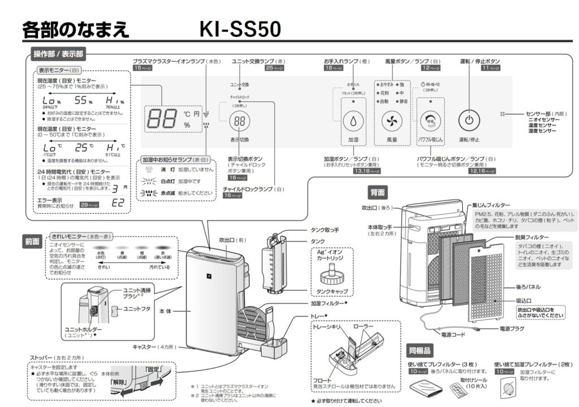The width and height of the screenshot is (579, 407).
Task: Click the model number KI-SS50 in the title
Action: click(240, 30)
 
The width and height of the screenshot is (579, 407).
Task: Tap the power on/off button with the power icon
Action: click(468, 119)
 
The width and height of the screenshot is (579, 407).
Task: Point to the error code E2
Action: click(117, 203)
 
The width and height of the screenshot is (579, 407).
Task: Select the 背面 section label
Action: click(378, 192)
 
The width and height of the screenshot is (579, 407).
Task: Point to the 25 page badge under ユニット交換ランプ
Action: click(274, 68)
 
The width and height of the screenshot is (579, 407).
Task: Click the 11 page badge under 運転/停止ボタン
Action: click(491, 68)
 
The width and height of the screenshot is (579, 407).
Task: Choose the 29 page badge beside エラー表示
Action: click(90, 205)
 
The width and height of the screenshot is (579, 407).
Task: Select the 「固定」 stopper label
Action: click(153, 369)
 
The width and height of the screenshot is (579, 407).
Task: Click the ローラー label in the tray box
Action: click(363, 327)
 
